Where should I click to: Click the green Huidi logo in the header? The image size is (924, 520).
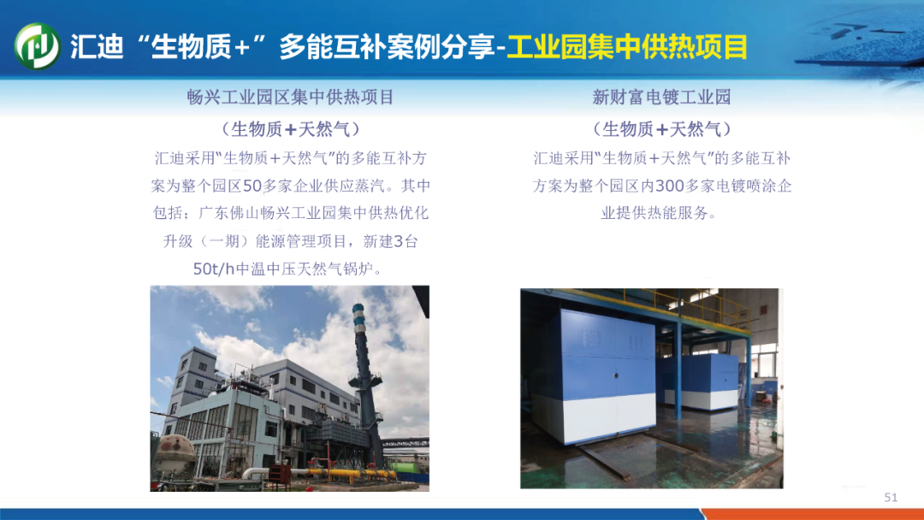37,46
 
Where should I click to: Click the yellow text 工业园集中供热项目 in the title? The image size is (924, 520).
627,47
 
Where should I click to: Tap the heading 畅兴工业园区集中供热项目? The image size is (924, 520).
290,97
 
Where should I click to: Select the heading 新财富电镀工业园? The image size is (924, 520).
661,97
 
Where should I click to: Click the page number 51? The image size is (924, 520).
891,498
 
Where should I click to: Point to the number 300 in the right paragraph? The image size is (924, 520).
669,186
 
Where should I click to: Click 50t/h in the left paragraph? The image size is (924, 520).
214,269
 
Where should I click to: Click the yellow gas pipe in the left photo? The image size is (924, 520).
347,474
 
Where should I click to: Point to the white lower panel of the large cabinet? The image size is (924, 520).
609,417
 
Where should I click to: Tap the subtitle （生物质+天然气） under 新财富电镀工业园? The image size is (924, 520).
661,129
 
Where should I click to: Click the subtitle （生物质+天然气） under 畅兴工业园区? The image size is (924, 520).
290,129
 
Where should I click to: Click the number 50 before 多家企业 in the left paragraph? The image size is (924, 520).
252,186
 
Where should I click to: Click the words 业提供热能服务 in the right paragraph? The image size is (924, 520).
654,213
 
